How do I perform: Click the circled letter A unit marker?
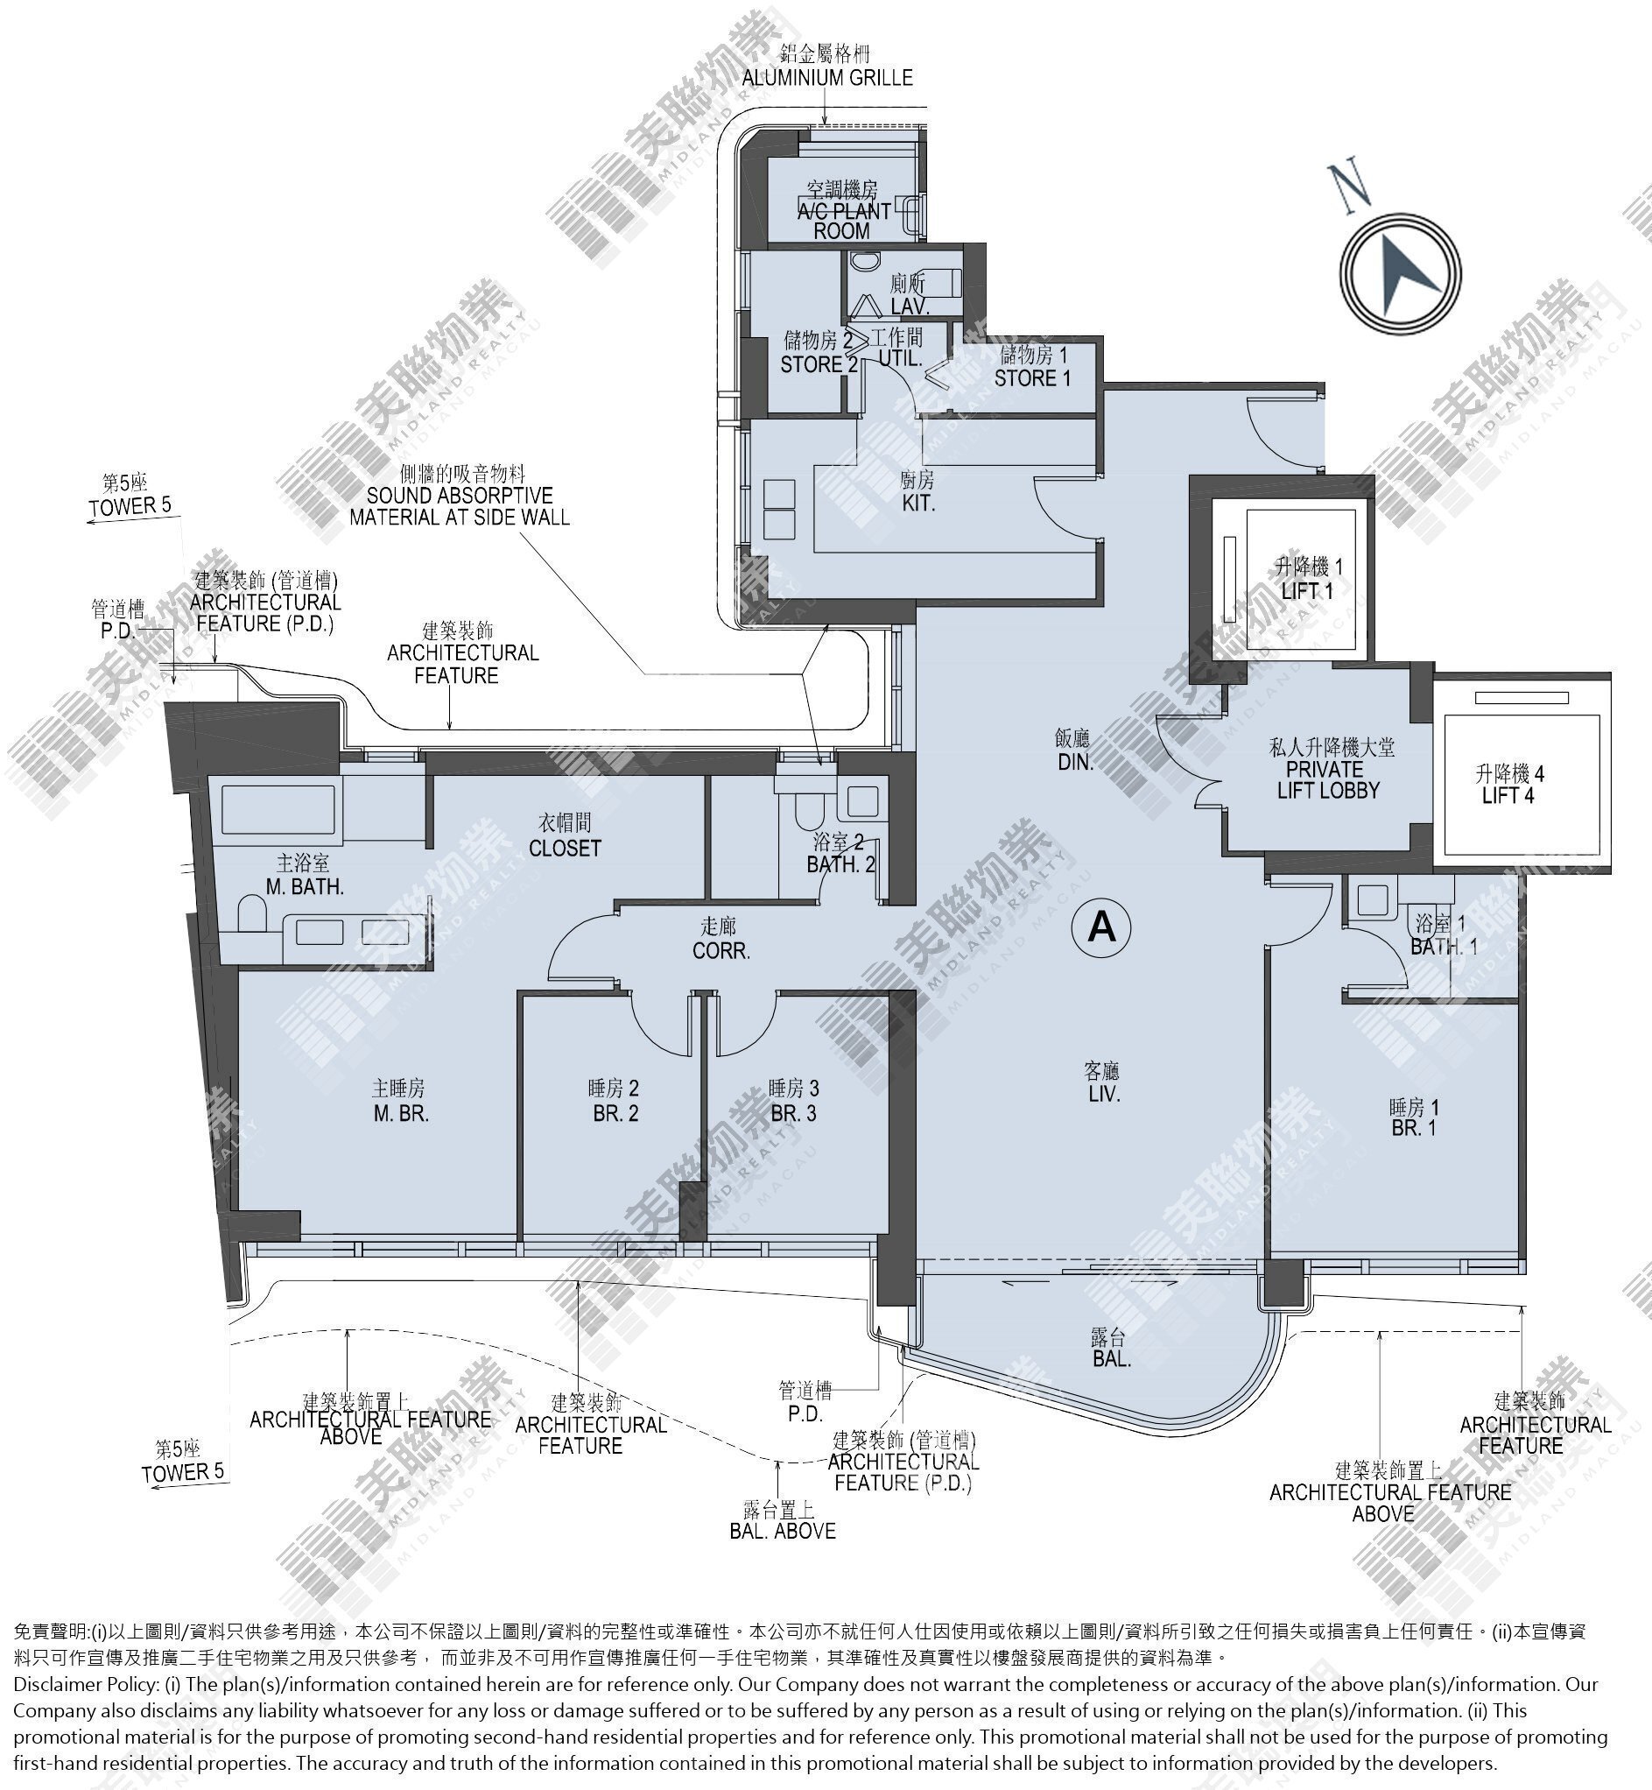pyautogui.click(x=1101, y=928)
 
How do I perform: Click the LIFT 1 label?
pyautogui.click(x=1307, y=591)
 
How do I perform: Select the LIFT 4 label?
pyautogui.click(x=1508, y=796)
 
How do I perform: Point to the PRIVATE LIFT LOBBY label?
pyautogui.click(x=1328, y=779)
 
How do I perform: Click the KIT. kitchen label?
pyautogui.click(x=918, y=504)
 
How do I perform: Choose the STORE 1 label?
pyautogui.click(x=1032, y=378)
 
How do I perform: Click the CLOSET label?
pyautogui.click(x=565, y=848)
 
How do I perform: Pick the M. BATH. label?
pyautogui.click(x=305, y=887)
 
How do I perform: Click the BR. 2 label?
pyautogui.click(x=616, y=1114)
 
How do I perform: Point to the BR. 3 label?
pyautogui.click(x=794, y=1114)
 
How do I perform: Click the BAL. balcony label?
pyautogui.click(x=1112, y=1359)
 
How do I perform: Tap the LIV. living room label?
pyautogui.click(x=1105, y=1094)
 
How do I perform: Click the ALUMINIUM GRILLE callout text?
pyautogui.click(x=828, y=78)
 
